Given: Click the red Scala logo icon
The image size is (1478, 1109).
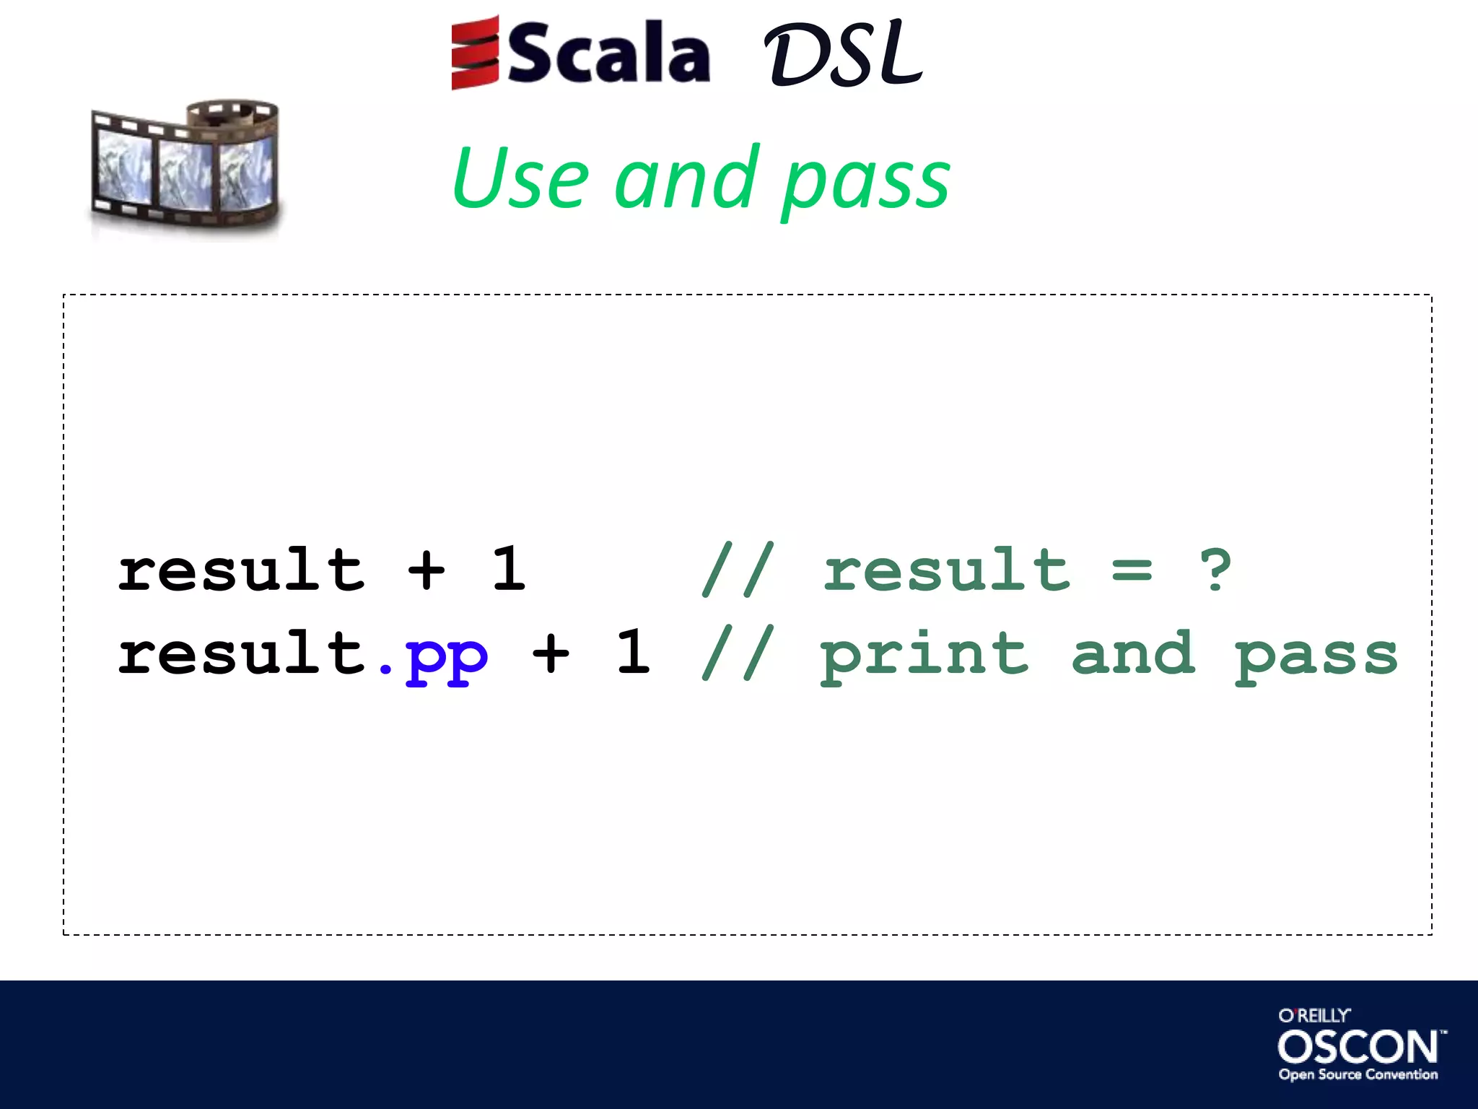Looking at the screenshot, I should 474,53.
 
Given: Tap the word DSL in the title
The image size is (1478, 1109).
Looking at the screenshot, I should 842,53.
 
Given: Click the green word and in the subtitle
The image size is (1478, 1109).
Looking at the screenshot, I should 687,178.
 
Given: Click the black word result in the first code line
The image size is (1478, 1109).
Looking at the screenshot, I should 241,570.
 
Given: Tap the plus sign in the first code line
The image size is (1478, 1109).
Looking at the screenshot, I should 426,570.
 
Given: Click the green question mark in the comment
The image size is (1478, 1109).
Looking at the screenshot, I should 1215,570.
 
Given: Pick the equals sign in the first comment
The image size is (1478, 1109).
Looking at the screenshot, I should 1132,570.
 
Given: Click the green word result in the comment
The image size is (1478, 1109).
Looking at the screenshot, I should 946,570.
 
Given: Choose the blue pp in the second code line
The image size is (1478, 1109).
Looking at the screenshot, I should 447,657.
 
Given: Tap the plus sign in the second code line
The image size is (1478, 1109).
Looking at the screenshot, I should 551,654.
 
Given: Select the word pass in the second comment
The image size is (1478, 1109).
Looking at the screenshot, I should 1316,657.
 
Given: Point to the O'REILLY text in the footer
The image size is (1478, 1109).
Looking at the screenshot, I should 1314,1016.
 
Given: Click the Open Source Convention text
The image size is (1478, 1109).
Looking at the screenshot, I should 1358,1074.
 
